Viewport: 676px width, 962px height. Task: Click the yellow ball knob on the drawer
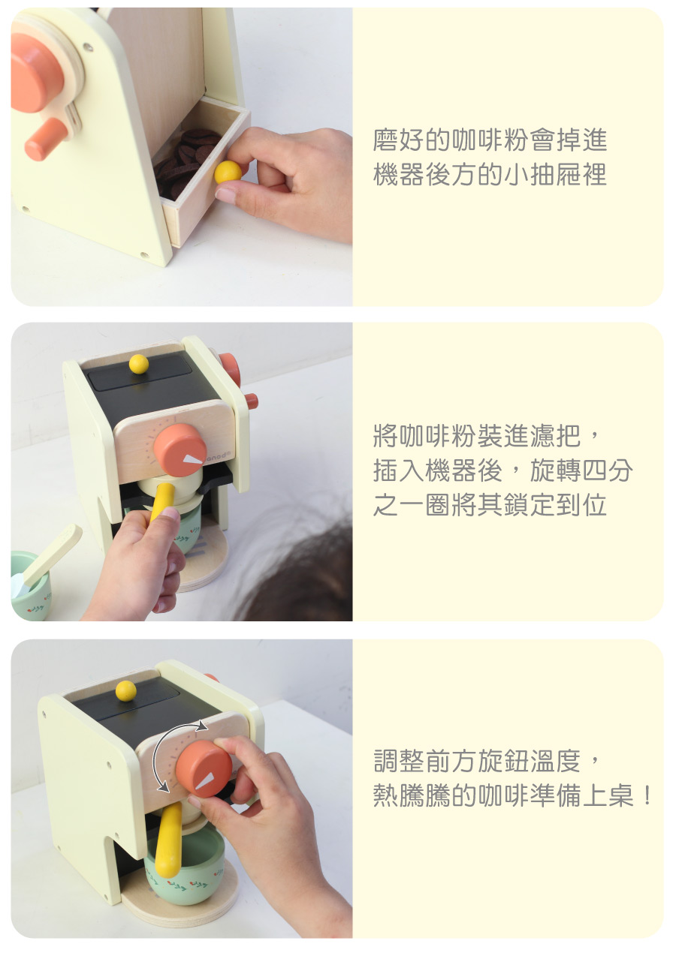tap(228, 173)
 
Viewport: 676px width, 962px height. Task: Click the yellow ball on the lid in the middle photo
tap(139, 364)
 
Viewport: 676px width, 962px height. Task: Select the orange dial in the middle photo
tap(180, 449)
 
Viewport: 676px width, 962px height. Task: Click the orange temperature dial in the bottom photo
tap(204, 768)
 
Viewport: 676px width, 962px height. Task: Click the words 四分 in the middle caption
tap(606, 470)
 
